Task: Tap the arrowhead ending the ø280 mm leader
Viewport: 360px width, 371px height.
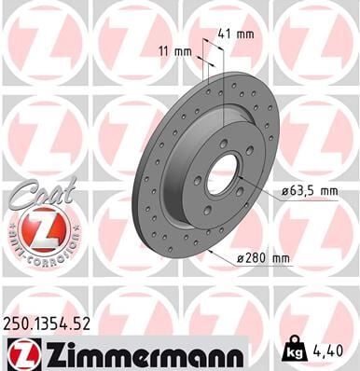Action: (209, 253)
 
